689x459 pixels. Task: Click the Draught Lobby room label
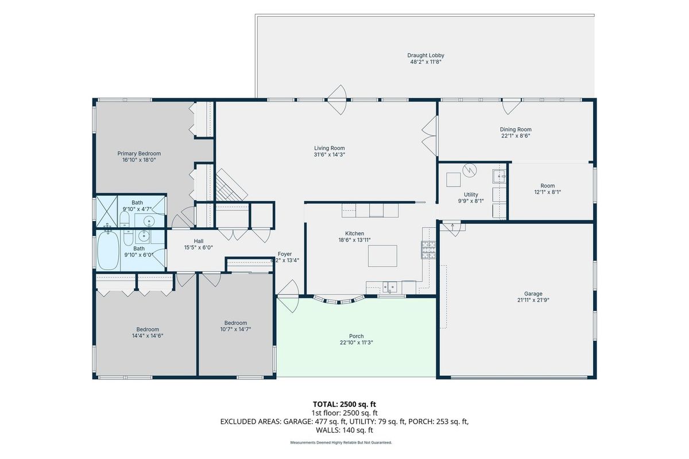click(x=425, y=55)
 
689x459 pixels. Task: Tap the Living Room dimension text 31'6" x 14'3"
click(x=330, y=155)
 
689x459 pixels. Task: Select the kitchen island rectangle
click(x=382, y=256)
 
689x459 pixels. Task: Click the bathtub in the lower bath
click(x=109, y=251)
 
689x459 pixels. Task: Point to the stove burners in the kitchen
click(x=428, y=250)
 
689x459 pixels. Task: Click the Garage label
click(x=533, y=294)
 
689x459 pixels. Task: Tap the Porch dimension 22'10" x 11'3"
click(x=356, y=343)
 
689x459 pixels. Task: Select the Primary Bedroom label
click(x=139, y=153)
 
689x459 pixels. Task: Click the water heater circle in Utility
click(x=470, y=170)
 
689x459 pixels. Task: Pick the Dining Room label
click(x=516, y=130)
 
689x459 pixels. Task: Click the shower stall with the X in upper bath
click(x=107, y=212)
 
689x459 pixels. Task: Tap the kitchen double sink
click(x=389, y=287)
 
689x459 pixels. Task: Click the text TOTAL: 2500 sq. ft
click(x=344, y=404)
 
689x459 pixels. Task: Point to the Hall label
click(x=199, y=241)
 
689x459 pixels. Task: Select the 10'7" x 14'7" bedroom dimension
click(x=235, y=329)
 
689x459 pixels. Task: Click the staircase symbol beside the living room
click(x=231, y=185)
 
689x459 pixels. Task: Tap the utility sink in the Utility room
click(x=498, y=176)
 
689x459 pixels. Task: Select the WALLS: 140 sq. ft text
click(x=344, y=430)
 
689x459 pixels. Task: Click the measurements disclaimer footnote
click(x=341, y=443)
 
